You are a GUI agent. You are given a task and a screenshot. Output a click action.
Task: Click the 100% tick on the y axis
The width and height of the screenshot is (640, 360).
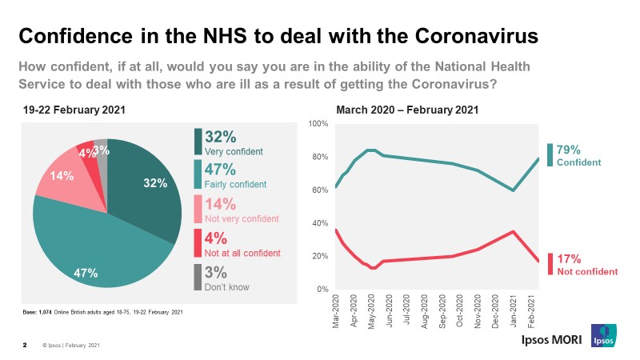pos(319,124)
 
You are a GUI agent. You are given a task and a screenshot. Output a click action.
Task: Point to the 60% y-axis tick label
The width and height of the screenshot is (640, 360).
pos(320,190)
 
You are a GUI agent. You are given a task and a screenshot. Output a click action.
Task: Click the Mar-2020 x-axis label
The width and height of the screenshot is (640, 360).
pos(337,309)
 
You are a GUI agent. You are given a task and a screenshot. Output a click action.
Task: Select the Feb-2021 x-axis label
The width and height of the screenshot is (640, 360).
pos(532,309)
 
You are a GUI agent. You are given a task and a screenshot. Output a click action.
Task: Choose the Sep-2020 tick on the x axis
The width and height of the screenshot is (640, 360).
pos(443,309)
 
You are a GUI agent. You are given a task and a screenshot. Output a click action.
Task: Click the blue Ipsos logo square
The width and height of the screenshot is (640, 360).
pos(602,336)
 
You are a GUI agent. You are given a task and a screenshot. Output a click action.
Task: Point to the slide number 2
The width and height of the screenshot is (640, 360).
pos(24,346)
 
